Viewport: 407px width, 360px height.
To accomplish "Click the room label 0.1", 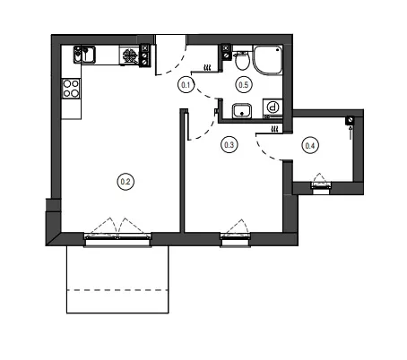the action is click(186, 85).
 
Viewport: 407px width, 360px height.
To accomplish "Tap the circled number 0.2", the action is click(126, 182).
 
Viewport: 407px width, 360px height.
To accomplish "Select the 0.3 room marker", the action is click(229, 145).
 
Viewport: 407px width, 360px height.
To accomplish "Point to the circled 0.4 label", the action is click(310, 146).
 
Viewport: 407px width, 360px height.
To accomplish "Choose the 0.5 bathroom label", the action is click(244, 85).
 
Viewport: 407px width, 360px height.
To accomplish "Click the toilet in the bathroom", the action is click(242, 61).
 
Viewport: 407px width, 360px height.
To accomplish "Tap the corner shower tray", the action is click(268, 60).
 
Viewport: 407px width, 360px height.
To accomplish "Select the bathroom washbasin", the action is click(242, 111).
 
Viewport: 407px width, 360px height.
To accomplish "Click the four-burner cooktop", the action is click(71, 89).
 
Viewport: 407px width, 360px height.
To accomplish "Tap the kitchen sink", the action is click(84, 55).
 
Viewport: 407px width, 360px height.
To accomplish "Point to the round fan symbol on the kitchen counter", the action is click(130, 56).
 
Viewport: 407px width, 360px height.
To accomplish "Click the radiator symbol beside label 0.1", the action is click(207, 68).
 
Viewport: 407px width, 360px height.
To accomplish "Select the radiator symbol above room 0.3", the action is click(275, 129).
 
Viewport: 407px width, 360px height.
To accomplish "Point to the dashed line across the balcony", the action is click(117, 290).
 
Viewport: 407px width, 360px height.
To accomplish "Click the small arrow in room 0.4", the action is click(351, 133).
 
